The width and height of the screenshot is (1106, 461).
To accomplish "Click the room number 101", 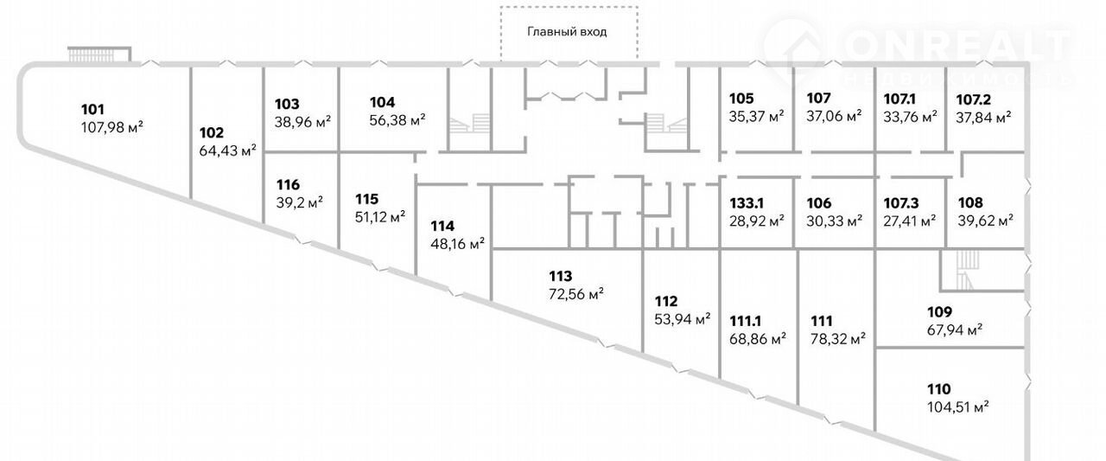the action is [x=92, y=109].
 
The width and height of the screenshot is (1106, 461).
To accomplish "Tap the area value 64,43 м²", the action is [x=227, y=150].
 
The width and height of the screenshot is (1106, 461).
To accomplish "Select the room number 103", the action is [x=287, y=105].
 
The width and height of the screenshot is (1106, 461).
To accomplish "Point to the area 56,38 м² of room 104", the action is [x=397, y=120].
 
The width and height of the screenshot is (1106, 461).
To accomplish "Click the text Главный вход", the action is [x=567, y=32].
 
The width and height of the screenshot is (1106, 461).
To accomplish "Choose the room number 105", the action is [x=741, y=99].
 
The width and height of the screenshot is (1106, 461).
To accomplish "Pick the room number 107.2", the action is [x=973, y=99].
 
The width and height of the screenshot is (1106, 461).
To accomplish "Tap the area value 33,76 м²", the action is [x=910, y=117].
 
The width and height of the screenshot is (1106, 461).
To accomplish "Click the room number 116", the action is [x=288, y=185].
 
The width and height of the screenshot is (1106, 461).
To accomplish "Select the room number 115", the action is [x=367, y=199].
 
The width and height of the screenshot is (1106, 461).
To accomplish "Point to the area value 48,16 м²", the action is [x=457, y=244].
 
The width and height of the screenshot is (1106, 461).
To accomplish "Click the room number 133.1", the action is [x=747, y=203].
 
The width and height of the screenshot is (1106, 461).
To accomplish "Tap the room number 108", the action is [x=970, y=202].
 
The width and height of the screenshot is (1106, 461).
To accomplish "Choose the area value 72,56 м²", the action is [x=576, y=294].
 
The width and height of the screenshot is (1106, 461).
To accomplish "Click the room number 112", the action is [x=666, y=301].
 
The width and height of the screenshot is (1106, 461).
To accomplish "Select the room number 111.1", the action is [x=746, y=321].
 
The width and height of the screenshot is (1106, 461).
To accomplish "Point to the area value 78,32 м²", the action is [x=838, y=339].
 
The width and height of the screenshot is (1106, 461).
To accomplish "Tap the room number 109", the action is [x=939, y=311].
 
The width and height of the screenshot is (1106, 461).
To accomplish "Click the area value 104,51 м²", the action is [x=958, y=407].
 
